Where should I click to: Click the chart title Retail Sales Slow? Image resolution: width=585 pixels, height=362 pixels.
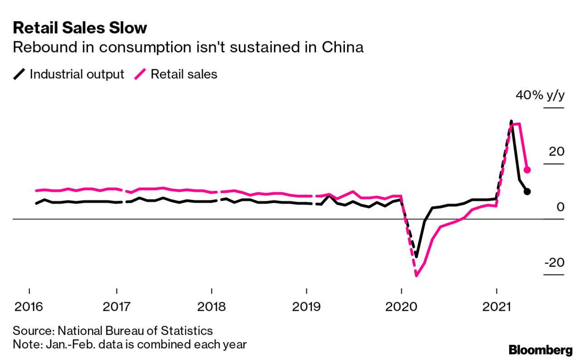(x=80, y=28)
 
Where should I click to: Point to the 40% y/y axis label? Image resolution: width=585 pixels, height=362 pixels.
(x=540, y=96)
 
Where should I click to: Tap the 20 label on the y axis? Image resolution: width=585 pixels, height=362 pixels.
(x=555, y=152)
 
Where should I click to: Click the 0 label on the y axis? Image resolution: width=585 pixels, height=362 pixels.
(x=560, y=207)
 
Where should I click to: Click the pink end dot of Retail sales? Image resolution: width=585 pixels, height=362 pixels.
(x=527, y=170)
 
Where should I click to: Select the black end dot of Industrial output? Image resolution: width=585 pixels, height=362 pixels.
(x=527, y=191)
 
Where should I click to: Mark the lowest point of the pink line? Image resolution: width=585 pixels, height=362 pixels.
(x=416, y=275)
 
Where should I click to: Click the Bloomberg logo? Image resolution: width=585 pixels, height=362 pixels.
(x=541, y=350)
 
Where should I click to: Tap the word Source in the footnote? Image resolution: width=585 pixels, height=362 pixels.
(x=28, y=330)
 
